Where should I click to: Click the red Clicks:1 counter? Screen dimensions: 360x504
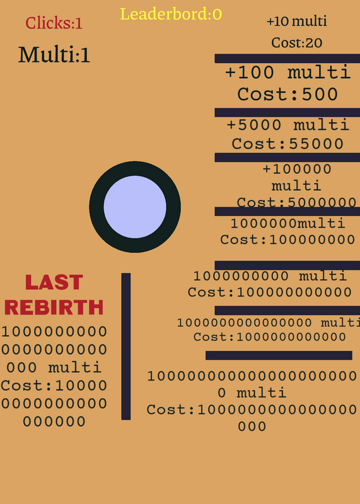(54, 23)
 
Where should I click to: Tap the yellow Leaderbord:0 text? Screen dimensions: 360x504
(171, 14)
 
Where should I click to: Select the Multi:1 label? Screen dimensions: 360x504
(54, 55)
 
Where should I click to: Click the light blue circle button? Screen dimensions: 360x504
(135, 207)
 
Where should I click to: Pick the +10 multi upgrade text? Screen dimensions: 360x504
(296, 21)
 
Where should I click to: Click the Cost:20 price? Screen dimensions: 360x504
(296, 43)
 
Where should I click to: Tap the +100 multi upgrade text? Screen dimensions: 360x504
(287, 72)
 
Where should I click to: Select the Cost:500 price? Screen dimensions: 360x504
(287, 94)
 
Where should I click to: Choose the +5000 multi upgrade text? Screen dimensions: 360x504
(288, 125)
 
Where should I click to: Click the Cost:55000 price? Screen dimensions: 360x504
(287, 144)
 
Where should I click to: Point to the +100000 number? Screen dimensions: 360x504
(297, 169)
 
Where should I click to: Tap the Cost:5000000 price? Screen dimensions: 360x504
(296, 202)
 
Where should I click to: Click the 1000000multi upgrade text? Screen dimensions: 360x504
(288, 223)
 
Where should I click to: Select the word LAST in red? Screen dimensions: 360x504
(54, 282)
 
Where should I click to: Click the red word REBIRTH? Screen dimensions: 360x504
(54, 307)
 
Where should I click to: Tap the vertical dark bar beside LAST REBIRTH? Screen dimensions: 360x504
(126, 346)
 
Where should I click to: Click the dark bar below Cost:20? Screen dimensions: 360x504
(287, 59)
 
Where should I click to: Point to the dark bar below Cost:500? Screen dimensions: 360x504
(287, 113)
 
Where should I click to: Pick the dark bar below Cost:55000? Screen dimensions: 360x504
(287, 157)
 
